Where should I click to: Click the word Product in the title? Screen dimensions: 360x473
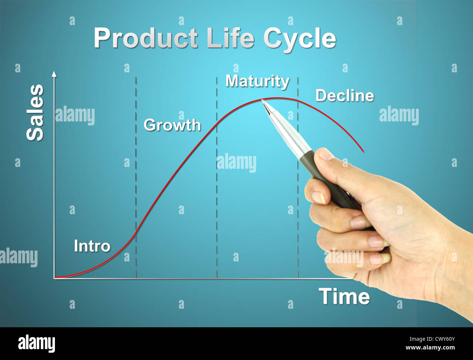[x=146, y=38]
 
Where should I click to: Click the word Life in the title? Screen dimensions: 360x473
[x=230, y=38]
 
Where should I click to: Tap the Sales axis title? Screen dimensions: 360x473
[x=35, y=113]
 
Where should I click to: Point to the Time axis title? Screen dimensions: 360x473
[x=344, y=296]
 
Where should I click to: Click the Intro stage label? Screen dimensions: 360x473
[x=92, y=246]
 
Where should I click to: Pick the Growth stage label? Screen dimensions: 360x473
[x=172, y=125]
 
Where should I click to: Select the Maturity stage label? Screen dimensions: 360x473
[x=257, y=81]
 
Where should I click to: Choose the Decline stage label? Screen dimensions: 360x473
[x=345, y=96]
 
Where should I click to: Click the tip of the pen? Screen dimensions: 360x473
[x=262, y=100]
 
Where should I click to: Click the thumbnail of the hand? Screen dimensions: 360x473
[x=325, y=154]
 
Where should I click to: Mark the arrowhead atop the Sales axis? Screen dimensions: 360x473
[x=54, y=74]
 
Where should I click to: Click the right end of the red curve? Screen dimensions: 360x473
[x=363, y=151]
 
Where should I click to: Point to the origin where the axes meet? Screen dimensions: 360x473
[x=54, y=278]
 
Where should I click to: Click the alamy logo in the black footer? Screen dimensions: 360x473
[x=36, y=343]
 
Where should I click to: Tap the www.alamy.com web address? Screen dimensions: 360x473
[x=430, y=348]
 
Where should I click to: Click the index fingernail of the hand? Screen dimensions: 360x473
[x=318, y=197]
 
